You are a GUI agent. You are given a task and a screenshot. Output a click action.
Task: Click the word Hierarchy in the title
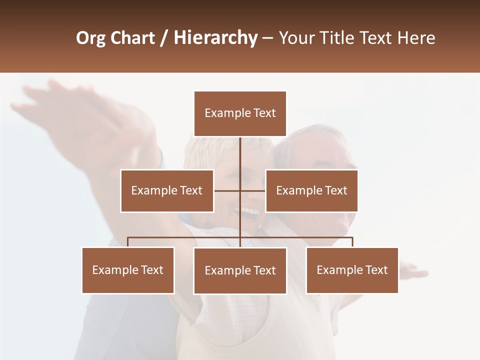click(215, 38)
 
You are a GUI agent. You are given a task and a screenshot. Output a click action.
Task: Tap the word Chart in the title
click(131, 38)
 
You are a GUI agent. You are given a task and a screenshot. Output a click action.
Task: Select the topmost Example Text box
click(240, 113)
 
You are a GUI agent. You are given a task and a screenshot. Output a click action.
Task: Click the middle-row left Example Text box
click(167, 190)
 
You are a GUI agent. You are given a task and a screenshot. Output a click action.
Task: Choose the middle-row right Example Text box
click(311, 190)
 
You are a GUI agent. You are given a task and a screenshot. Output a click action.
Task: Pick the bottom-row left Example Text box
click(128, 270)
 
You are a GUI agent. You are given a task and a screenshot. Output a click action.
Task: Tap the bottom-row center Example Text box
click(240, 270)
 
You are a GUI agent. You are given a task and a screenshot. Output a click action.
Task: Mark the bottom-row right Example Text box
click(352, 270)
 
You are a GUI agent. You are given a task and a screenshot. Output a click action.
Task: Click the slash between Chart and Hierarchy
click(164, 38)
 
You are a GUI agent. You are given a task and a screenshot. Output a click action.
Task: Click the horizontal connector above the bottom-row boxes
click(185, 237)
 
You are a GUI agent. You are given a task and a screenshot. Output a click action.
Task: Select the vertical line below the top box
click(240, 155)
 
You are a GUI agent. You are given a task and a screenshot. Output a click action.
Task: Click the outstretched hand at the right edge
click(415, 272)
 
